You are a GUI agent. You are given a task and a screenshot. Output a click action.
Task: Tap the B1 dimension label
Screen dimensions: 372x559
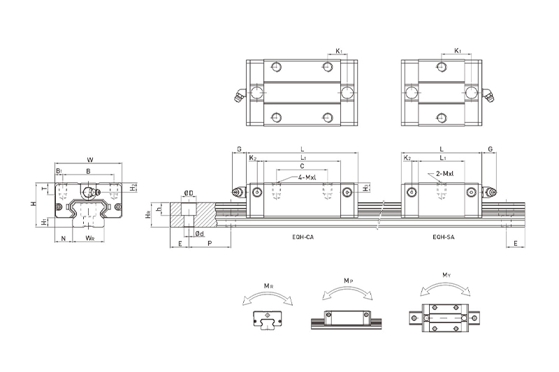click(59, 170)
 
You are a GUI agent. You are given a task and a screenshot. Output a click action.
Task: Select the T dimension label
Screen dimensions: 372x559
click(44, 189)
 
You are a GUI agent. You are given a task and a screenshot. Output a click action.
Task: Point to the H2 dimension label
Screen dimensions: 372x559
click(133, 188)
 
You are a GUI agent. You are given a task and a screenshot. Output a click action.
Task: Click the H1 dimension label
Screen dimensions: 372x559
click(44, 221)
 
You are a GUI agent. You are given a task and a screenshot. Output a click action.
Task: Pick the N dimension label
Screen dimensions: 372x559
click(64, 239)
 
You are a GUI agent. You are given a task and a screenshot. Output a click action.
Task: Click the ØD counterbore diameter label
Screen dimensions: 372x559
click(189, 193)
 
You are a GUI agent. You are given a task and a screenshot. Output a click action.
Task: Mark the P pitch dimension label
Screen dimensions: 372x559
click(210, 244)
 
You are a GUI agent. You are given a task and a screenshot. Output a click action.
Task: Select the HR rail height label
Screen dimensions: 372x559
click(148, 215)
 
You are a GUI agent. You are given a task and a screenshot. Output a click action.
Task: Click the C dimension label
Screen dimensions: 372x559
click(301, 166)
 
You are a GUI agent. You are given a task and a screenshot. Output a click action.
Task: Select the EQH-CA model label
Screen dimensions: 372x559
click(303, 238)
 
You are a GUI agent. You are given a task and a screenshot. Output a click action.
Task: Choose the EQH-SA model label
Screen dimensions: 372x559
click(442, 238)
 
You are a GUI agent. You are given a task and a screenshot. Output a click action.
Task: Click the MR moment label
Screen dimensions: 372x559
click(268, 285)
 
